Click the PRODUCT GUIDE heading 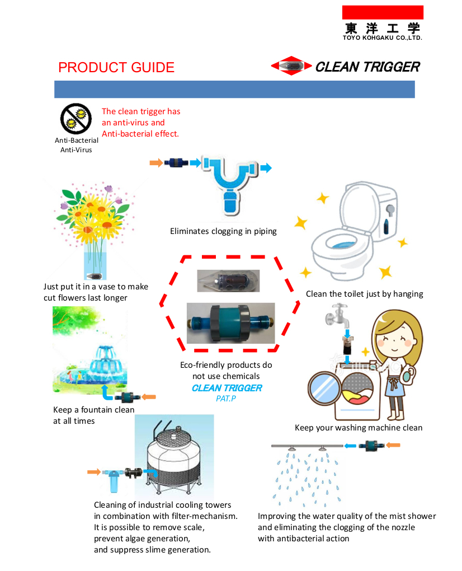(x=116, y=67)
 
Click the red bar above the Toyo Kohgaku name (x=383, y=12)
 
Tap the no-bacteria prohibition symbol (x=76, y=119)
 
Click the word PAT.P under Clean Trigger (x=226, y=399)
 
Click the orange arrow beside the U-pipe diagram (x=156, y=163)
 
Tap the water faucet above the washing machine (x=338, y=316)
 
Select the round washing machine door (x=324, y=388)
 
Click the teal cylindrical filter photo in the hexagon (x=230, y=323)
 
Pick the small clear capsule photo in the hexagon (x=228, y=281)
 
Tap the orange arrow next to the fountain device (x=148, y=397)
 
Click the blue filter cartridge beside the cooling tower (x=114, y=480)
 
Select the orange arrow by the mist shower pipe (x=393, y=445)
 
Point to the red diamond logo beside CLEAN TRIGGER (x=291, y=66)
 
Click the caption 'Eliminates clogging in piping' (x=223, y=231)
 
